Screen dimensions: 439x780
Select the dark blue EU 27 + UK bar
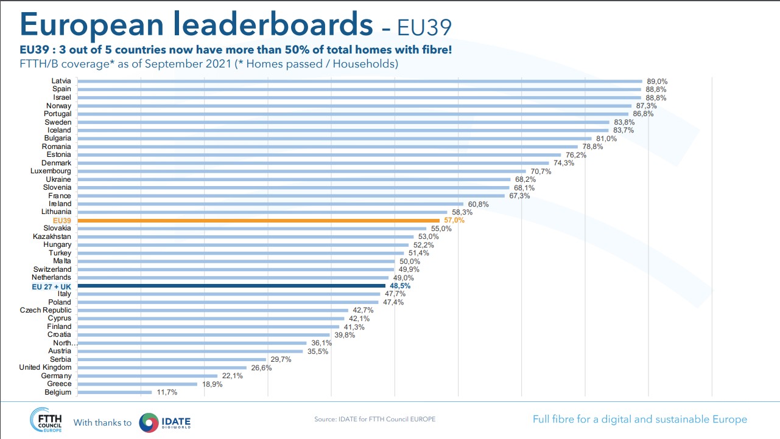(x=231, y=286)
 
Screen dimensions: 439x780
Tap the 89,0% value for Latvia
(x=657, y=81)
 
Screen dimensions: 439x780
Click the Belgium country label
(x=58, y=392)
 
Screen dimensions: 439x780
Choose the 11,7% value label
(x=167, y=392)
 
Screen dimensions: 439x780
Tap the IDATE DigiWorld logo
(x=165, y=422)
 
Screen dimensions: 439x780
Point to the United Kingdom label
(x=45, y=367)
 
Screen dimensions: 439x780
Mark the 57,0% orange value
(x=454, y=220)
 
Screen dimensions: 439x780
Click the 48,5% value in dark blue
(x=400, y=286)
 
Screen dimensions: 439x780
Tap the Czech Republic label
(x=46, y=310)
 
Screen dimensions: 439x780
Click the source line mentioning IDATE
(x=374, y=420)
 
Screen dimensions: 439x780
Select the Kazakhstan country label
(x=52, y=237)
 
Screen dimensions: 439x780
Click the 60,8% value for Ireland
(x=479, y=204)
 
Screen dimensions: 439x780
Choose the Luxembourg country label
(x=51, y=171)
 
